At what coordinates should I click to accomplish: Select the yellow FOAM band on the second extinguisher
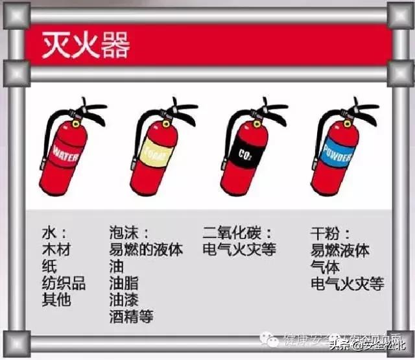pyautogui.click(x=154, y=153)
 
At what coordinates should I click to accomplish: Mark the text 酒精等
pyautogui.click(x=132, y=317)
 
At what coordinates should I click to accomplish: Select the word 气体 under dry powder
pyautogui.click(x=325, y=267)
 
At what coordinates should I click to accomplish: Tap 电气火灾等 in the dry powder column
pyautogui.click(x=347, y=283)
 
